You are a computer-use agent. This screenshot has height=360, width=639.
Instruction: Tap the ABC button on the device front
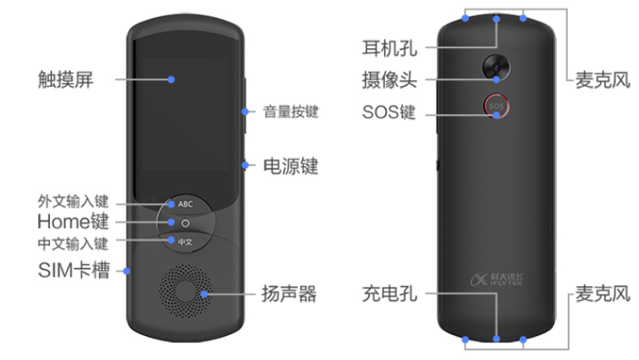[184, 204]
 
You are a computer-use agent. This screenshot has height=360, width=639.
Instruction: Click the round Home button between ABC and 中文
[184, 223]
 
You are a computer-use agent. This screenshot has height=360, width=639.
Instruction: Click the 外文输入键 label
[72, 200]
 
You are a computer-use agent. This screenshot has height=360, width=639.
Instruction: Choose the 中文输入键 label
[72, 241]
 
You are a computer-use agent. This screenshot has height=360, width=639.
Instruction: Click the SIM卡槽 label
[73, 270]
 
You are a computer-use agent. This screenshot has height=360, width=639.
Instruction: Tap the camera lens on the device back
[496, 66]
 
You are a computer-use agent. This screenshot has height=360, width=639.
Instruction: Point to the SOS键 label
[389, 112]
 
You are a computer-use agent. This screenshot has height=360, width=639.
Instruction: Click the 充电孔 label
[389, 293]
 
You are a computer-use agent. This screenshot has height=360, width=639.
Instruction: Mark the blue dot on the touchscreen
[172, 78]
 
